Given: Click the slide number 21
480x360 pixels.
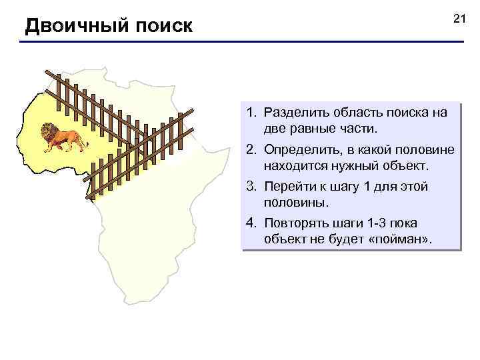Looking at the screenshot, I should [458, 18].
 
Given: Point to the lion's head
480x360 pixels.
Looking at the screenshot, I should [48, 132].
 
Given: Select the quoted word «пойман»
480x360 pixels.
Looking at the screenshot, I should [399, 237].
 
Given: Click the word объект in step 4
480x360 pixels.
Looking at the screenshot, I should [284, 237].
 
